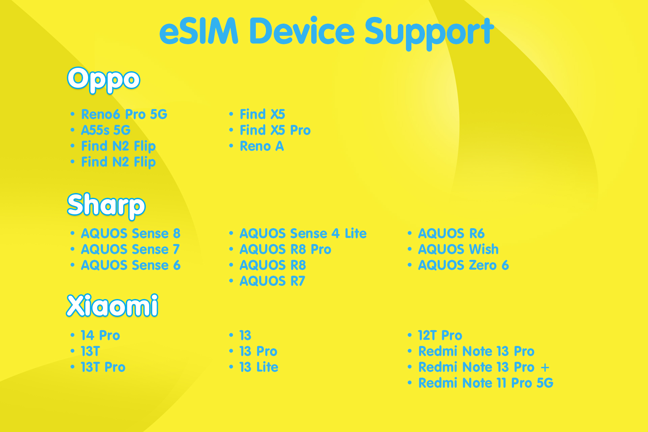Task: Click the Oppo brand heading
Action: [104, 79]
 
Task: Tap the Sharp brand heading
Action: [106, 205]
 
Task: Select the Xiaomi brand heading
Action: [112, 306]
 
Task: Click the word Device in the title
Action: [302, 31]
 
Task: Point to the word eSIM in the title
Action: [199, 31]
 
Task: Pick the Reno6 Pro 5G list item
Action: [124, 114]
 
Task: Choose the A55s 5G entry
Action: [106, 130]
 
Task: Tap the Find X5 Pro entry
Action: [275, 130]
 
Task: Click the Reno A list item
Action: [262, 146]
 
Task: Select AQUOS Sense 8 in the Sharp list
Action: [131, 234]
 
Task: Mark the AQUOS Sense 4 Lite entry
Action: [303, 234]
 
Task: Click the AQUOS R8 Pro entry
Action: [285, 249]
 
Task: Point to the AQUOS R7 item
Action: [272, 281]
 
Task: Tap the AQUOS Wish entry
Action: [458, 249]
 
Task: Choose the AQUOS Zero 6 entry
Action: [463, 265]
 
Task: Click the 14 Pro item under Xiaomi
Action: [100, 335]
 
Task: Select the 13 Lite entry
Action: [259, 367]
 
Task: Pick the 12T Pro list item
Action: [440, 335]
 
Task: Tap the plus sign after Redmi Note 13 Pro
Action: [545, 367]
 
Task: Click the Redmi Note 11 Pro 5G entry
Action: [485, 383]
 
